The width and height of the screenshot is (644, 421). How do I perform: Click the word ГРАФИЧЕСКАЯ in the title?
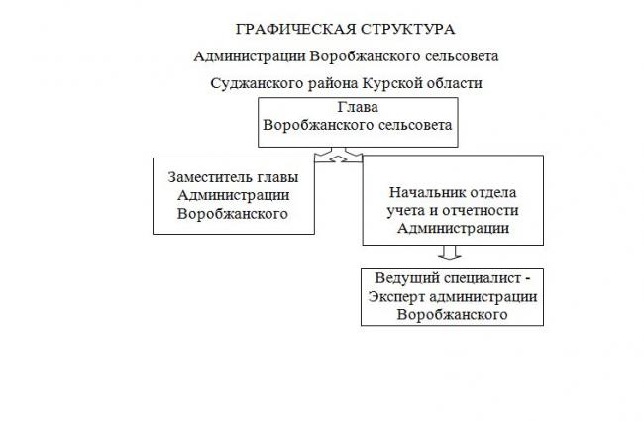tap(295, 29)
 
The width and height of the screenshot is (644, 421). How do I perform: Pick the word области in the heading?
tap(454, 83)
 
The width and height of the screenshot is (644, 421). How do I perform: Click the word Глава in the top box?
tap(358, 107)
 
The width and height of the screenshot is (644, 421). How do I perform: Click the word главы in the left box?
tap(277, 178)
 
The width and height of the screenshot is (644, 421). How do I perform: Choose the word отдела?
tap(490, 193)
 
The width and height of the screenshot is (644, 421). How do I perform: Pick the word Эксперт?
tap(396, 297)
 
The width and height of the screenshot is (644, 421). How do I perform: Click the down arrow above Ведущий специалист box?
tap(450, 253)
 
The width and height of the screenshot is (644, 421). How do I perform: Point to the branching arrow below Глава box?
tap(339, 155)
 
